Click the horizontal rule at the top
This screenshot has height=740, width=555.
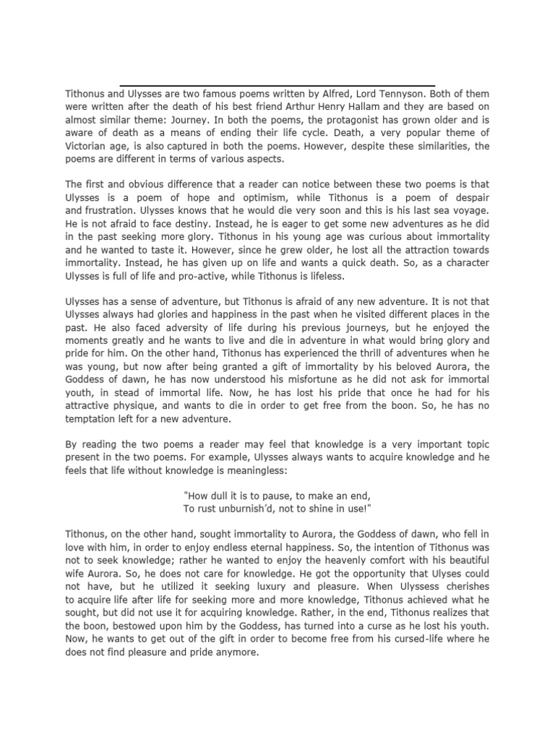(277, 85)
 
